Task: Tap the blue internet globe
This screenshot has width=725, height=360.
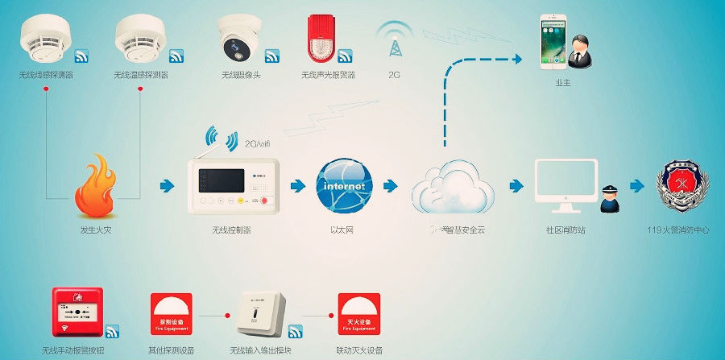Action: coord(343,186)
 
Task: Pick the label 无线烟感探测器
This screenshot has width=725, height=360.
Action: coord(47,75)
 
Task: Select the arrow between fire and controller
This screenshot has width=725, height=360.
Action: coord(167,186)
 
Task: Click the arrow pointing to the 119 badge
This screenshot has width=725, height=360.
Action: coord(637,186)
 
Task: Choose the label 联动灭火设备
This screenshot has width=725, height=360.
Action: coord(356,350)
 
